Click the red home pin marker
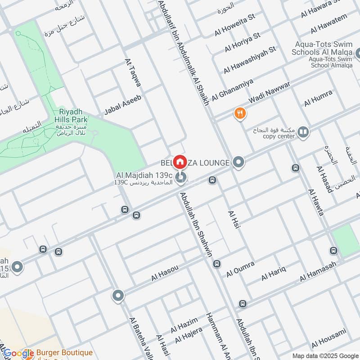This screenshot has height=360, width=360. click(180, 161)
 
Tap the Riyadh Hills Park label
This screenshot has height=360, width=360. click(70, 116)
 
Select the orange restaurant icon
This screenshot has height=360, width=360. click(240, 114)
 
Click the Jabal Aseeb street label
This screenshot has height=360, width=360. click(123, 105)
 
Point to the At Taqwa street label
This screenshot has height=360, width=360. click(133, 74)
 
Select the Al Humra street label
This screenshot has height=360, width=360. click(318, 98)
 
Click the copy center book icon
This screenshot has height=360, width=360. click(303, 132)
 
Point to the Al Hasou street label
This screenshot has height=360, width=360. click(165, 273)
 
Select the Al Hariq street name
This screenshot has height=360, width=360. click(273, 273)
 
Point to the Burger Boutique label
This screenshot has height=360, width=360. click(65, 353)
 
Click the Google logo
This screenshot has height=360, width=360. click(19, 354)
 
